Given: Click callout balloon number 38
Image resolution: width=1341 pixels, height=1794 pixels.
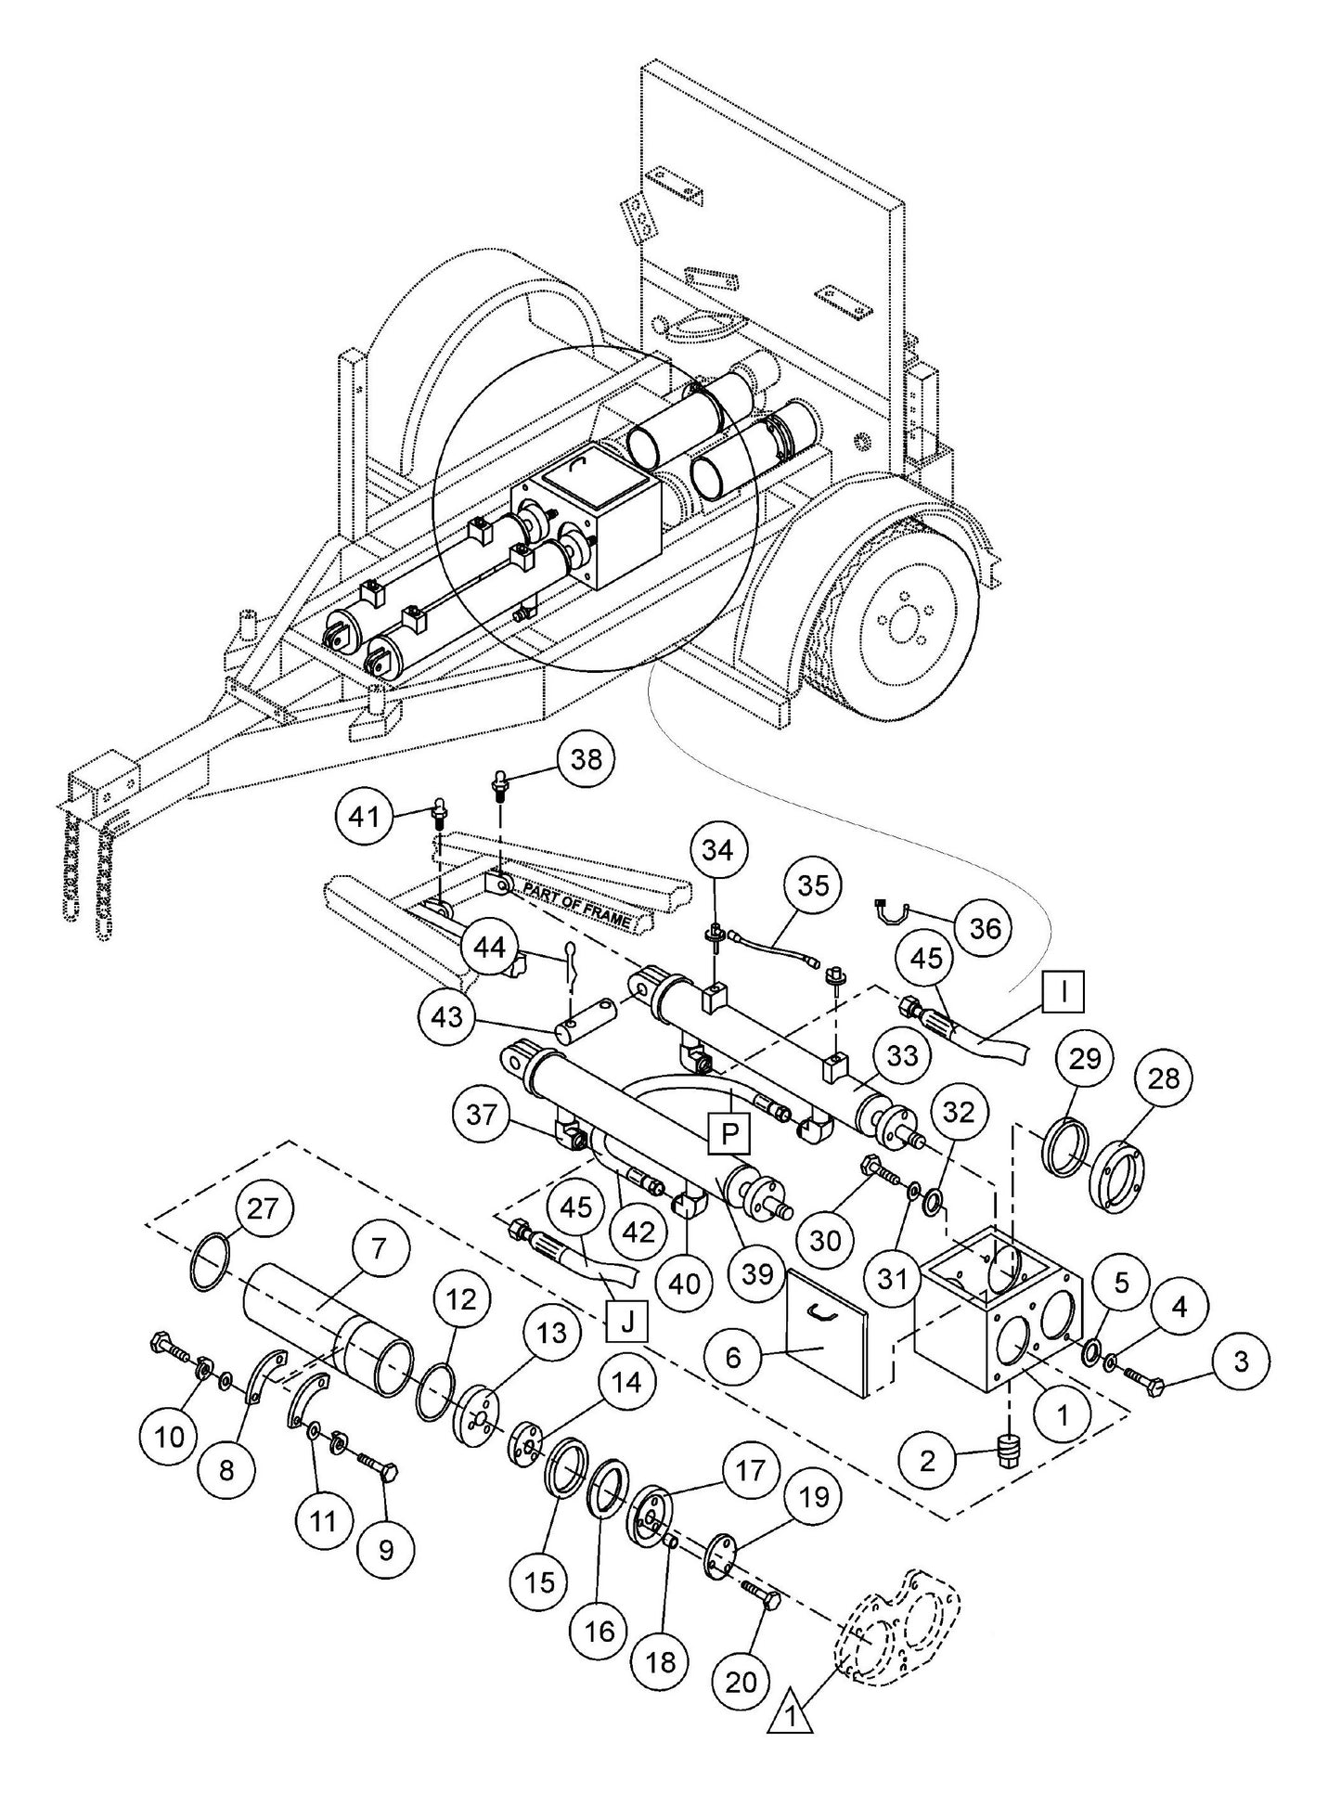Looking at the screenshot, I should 586,759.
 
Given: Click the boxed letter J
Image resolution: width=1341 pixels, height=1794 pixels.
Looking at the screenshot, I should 626,1322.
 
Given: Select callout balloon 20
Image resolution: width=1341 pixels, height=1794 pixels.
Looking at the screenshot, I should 741,1681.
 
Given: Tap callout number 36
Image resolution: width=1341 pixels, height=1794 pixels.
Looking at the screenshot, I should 986,926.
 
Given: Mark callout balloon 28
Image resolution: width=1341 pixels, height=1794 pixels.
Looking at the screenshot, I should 1164,1078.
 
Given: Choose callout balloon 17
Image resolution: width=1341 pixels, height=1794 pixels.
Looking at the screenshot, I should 750,1470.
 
